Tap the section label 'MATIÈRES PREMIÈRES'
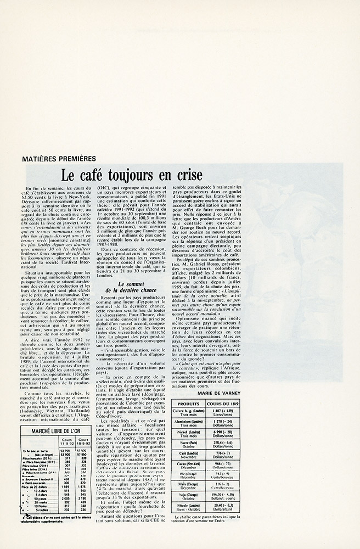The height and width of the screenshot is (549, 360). pyautogui.click(x=59, y=159)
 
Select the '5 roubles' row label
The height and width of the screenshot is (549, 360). pyautogui.click(x=43, y=509)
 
